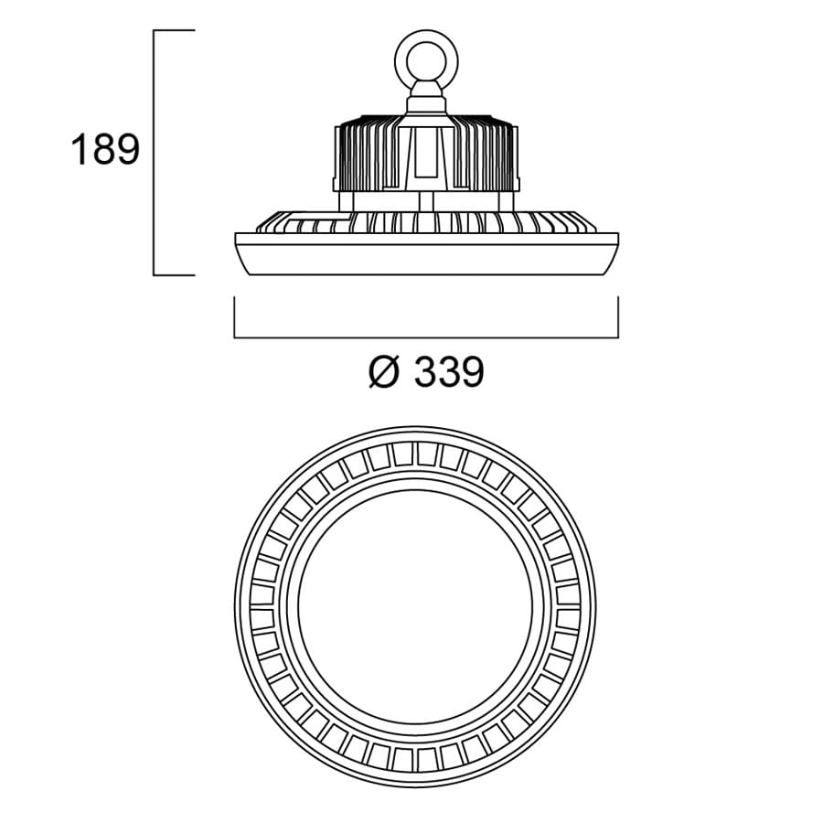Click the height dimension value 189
pyautogui.click(x=105, y=150)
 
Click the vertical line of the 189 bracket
pyautogui.click(x=154, y=152)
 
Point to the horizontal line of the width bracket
pyautogui.click(x=426, y=337)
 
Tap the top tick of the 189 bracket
pyautogui.click(x=174, y=30)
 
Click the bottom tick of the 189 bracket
pyautogui.click(x=174, y=274)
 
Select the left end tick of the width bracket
pyautogui.click(x=235, y=317)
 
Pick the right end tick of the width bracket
pyautogui.click(x=618, y=317)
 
